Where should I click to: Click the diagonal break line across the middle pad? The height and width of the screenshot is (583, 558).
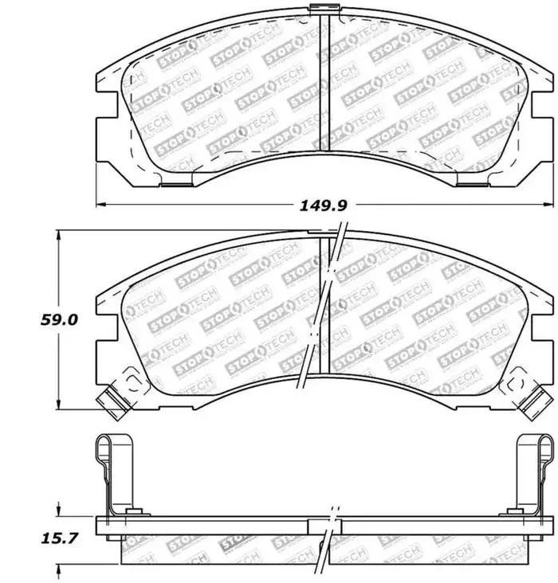click(x=323, y=307)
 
